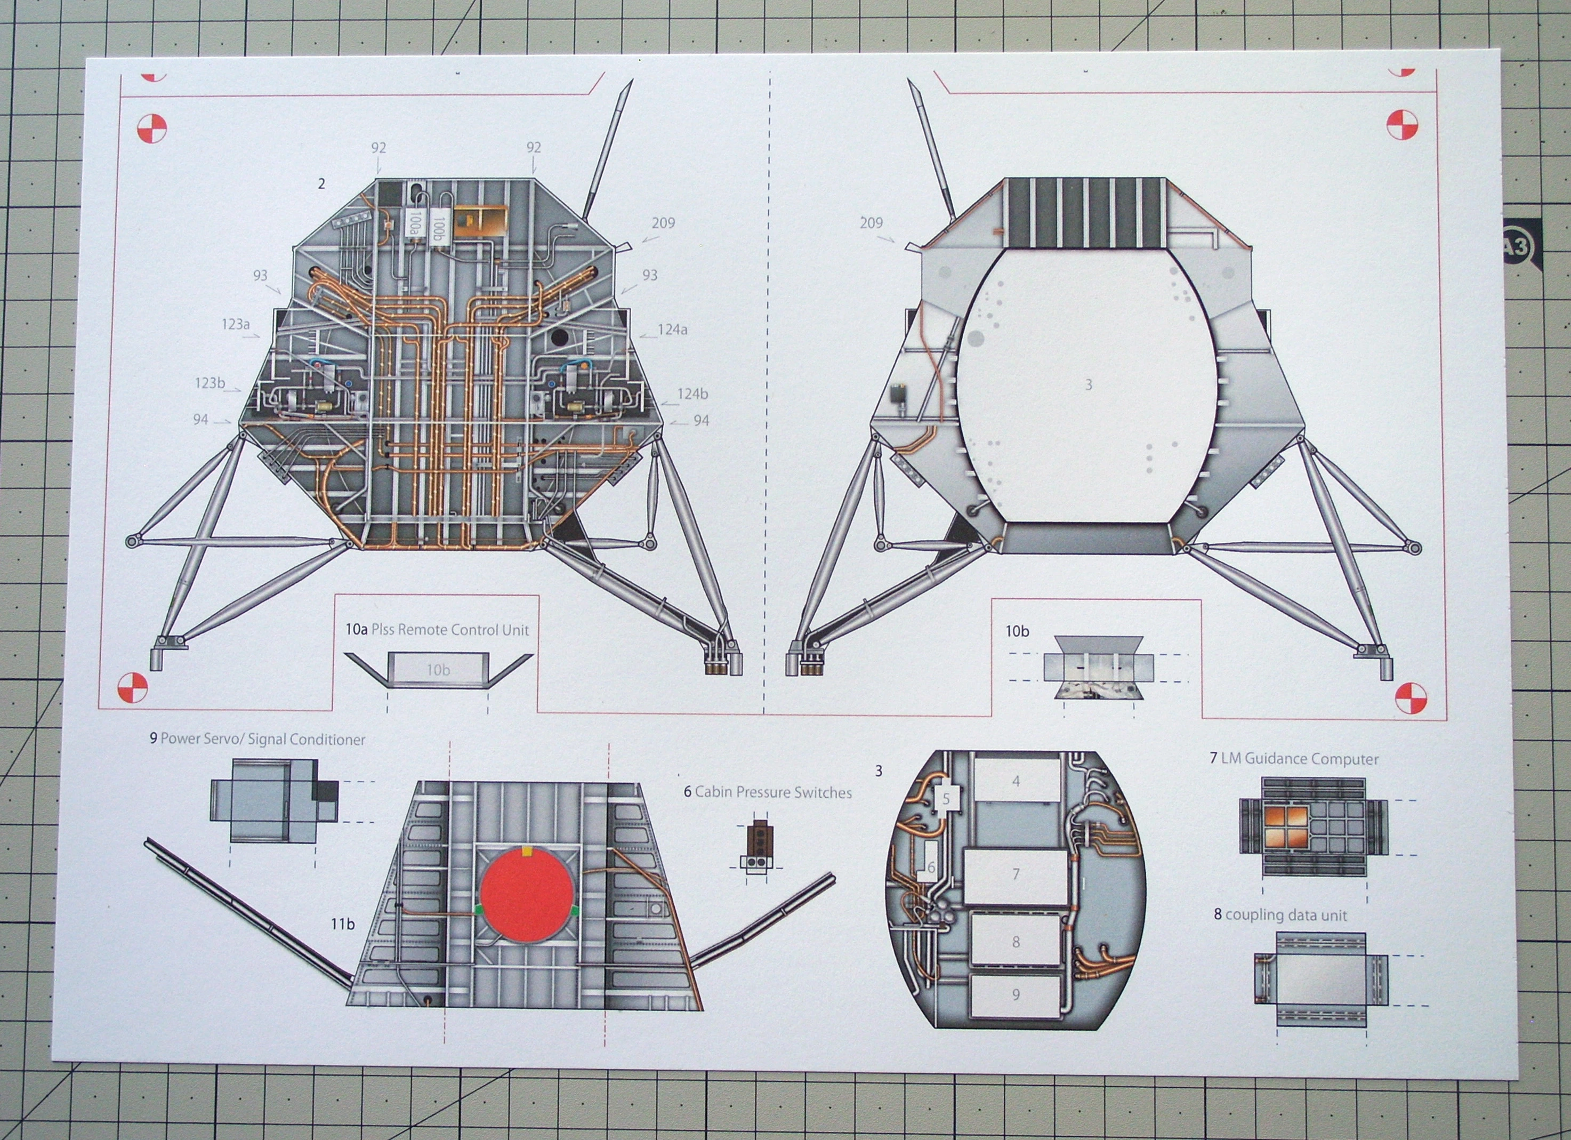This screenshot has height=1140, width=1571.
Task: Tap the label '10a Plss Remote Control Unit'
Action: (x=437, y=630)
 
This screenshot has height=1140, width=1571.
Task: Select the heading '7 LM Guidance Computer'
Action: (x=1294, y=759)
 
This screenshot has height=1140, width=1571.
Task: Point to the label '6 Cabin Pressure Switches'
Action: (x=768, y=792)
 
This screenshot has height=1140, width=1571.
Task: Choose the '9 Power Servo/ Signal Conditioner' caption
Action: (x=257, y=740)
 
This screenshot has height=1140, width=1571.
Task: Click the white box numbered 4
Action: (x=1017, y=782)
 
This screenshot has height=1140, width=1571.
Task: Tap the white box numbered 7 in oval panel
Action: (x=1016, y=874)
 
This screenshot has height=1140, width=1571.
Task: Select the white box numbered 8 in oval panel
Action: (x=1016, y=941)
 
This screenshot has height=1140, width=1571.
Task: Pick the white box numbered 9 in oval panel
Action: (x=1016, y=995)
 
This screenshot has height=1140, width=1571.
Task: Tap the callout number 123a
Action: (x=236, y=324)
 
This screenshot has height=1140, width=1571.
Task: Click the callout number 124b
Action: (x=692, y=394)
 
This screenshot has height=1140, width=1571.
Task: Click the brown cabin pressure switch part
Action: (x=761, y=839)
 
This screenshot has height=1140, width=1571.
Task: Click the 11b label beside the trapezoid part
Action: (x=342, y=924)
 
